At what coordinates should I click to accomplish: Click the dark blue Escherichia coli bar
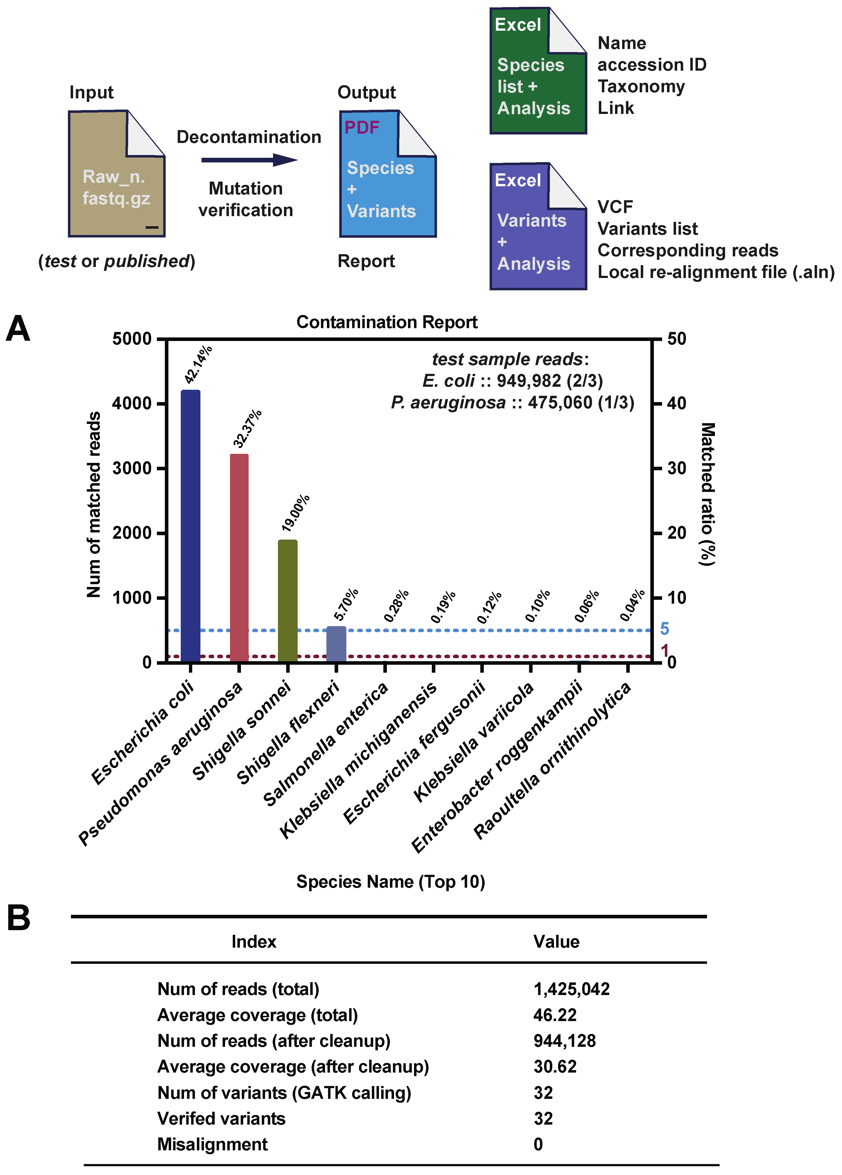(x=191, y=526)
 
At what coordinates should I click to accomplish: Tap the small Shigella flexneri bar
(x=336, y=644)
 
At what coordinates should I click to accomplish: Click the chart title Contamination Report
(x=387, y=322)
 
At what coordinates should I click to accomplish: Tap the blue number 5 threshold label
(x=664, y=629)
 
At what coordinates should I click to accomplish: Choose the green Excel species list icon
(x=538, y=71)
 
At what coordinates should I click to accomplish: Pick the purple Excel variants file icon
(x=538, y=227)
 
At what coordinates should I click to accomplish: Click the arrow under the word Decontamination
(x=249, y=160)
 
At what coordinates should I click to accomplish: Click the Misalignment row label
(x=212, y=1144)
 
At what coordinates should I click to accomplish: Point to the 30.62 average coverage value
(x=554, y=1067)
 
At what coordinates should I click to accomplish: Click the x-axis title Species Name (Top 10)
(x=390, y=882)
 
